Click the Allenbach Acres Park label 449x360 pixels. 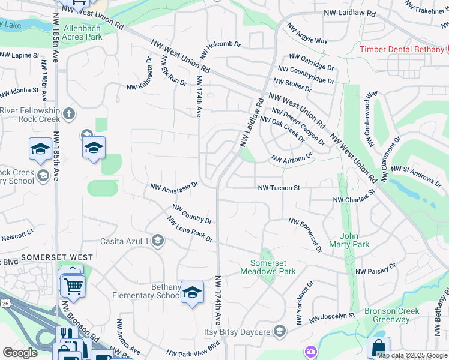(x=74, y=32)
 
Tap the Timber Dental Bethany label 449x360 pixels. (x=402, y=49)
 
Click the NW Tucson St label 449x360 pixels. (x=279, y=188)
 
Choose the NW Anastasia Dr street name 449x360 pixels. (x=174, y=188)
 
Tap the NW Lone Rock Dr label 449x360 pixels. (x=190, y=230)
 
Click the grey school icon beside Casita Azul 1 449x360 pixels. (x=158, y=241)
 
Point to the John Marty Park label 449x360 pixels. (x=354, y=240)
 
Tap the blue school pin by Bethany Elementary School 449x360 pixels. (x=192, y=292)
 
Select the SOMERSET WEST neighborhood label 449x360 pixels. (x=57, y=257)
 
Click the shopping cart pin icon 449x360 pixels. (x=73, y=286)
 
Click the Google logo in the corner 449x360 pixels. (x=20, y=353)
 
